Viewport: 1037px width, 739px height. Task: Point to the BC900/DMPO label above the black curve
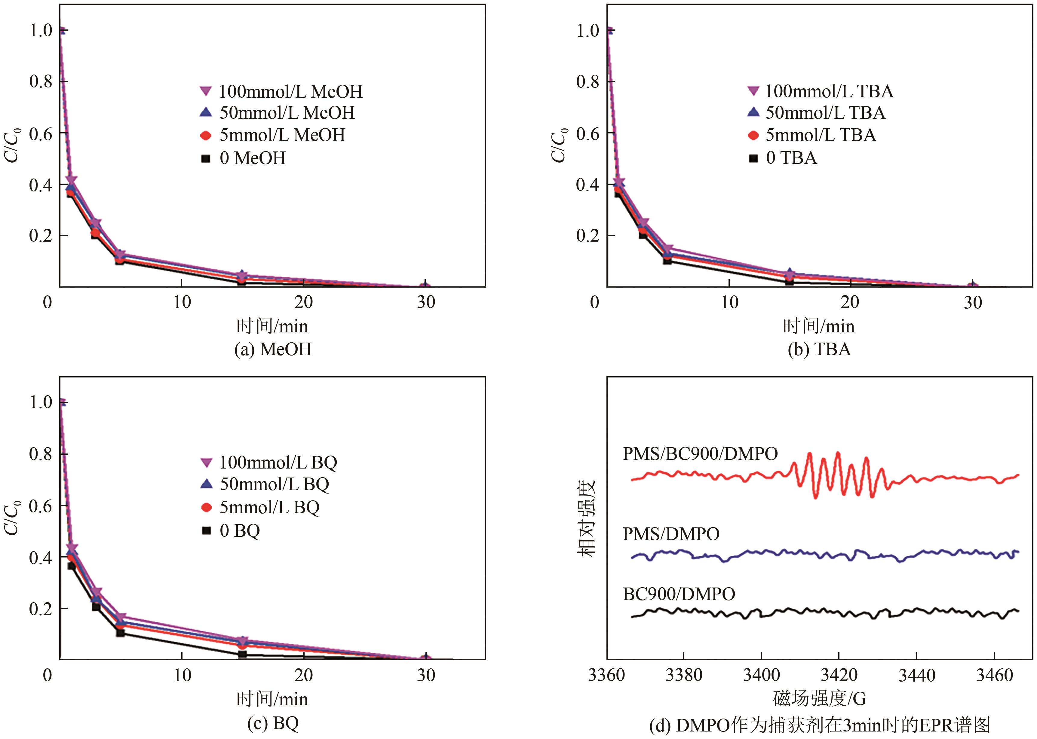[679, 594]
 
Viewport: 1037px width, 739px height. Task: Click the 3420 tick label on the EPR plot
[839, 675]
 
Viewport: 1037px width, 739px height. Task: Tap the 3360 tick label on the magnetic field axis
[606, 675]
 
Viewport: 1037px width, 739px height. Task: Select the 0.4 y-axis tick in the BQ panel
[41, 557]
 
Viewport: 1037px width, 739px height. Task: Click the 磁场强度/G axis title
[819, 698]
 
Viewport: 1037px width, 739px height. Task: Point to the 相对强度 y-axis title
[587, 518]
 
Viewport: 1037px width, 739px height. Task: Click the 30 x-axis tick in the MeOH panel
[426, 302]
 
